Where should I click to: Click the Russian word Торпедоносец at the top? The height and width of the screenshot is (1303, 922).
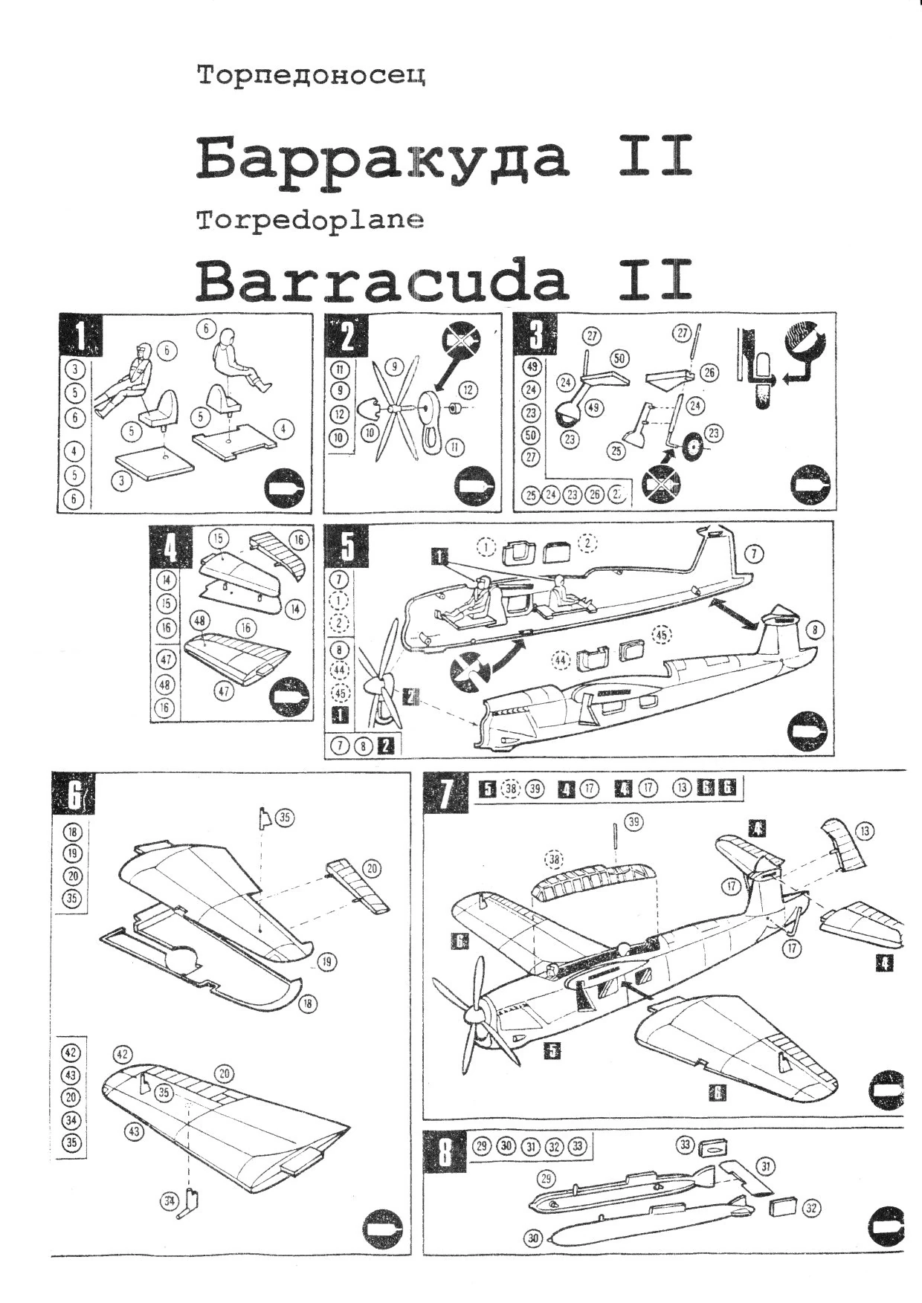[x=311, y=76]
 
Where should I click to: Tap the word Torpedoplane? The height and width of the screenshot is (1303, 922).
[x=311, y=221]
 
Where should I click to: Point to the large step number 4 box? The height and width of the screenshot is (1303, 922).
[x=170, y=548]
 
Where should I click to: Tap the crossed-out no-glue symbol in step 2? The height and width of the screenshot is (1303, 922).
[x=460, y=344]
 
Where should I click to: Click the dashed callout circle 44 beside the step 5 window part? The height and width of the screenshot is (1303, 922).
[x=561, y=659]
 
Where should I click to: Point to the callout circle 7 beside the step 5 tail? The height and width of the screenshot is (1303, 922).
[x=753, y=553]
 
